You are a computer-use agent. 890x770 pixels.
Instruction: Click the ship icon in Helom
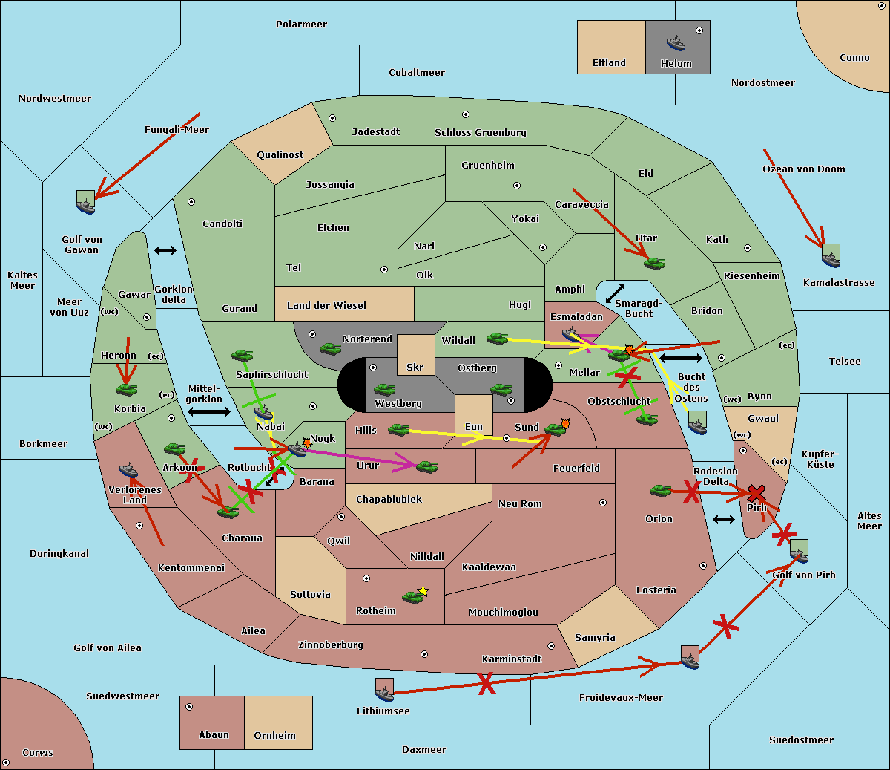[675, 42]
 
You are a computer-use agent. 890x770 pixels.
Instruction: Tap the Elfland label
[609, 63]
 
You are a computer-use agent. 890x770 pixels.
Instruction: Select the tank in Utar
[654, 262]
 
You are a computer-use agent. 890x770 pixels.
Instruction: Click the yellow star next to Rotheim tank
[423, 591]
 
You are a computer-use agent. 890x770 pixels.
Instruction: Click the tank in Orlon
[660, 490]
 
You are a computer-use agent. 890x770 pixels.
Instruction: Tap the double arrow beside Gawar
[165, 251]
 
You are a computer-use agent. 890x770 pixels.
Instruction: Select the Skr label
[415, 367]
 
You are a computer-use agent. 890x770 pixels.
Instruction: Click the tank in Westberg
[384, 389]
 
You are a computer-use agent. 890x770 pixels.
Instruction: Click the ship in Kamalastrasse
[831, 256]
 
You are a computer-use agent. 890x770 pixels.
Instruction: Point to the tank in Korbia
[126, 388]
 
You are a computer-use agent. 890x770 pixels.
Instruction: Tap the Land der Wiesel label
[326, 305]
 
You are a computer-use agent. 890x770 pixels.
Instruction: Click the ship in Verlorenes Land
[128, 470]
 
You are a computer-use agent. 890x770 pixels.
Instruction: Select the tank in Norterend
[330, 348]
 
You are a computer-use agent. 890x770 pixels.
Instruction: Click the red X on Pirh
[756, 493]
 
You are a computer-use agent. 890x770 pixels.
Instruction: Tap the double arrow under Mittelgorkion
[209, 411]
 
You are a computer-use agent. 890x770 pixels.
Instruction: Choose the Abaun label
[214, 734]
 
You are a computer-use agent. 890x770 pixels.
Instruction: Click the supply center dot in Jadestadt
[332, 118]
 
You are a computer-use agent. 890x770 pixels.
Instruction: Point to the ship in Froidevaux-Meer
[690, 657]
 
